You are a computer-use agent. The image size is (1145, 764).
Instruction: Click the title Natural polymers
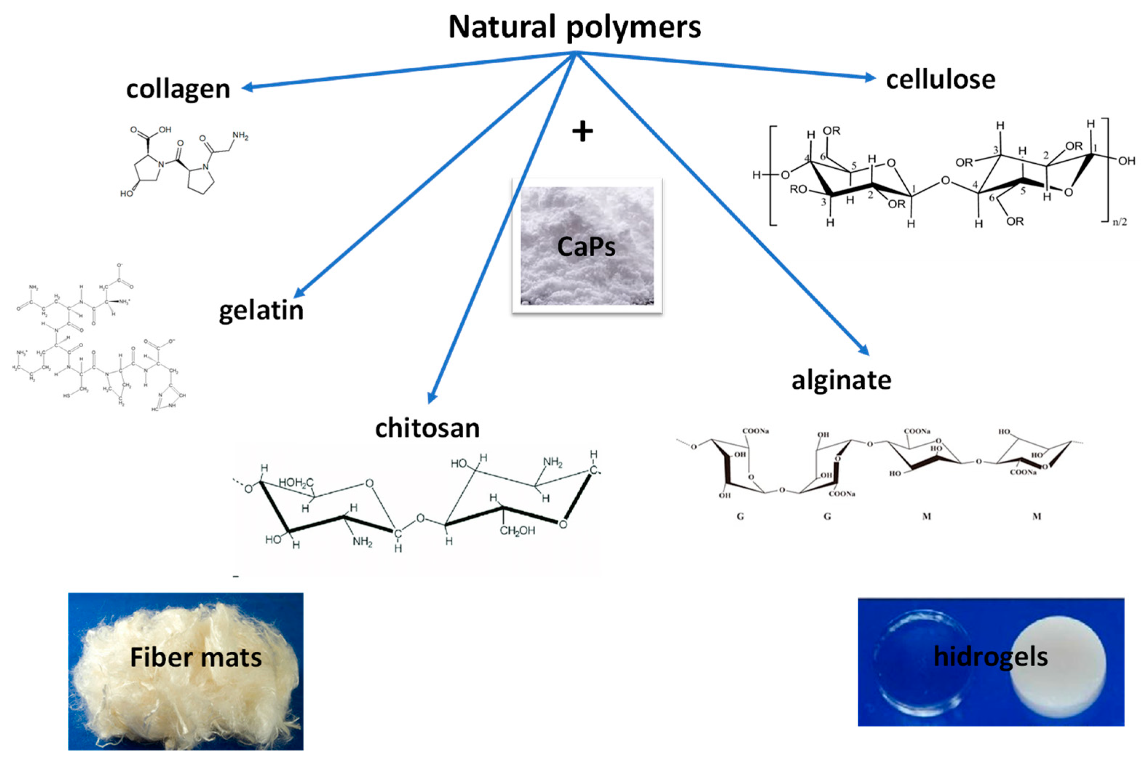574,27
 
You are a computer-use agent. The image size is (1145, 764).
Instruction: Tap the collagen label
178,89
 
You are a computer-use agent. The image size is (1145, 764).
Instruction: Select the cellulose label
940,79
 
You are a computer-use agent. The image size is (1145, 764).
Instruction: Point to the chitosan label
427,428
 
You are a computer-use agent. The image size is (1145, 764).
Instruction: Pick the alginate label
841,380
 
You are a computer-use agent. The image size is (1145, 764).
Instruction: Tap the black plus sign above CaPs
583,132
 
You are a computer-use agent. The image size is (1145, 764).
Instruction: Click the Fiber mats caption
195,657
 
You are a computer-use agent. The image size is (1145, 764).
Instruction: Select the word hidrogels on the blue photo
990,656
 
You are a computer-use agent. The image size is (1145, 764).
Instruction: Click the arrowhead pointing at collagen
247,88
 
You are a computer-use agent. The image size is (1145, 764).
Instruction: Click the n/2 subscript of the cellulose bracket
1119,222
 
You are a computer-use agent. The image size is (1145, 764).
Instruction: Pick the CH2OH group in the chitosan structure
517,530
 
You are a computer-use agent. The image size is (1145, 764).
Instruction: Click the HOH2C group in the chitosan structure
296,483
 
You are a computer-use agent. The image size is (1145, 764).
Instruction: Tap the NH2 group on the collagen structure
240,136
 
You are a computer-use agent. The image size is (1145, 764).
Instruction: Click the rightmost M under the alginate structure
1037,516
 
